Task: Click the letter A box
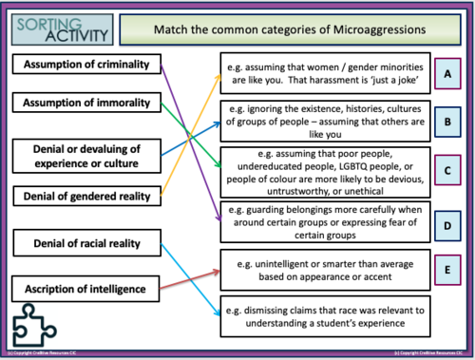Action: [446, 72]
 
